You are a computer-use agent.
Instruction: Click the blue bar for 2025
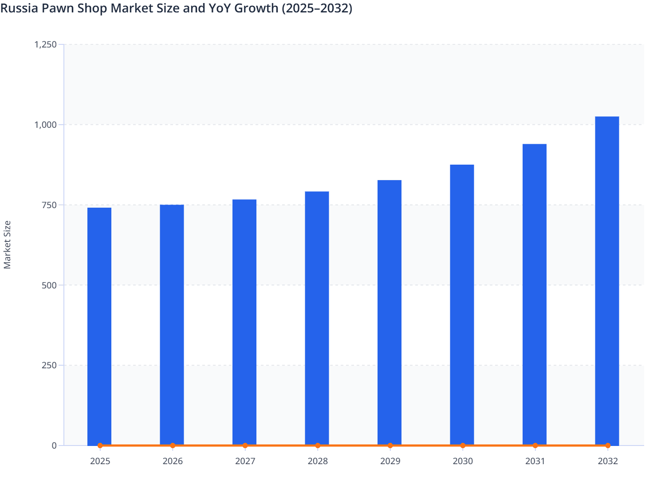tap(99, 326)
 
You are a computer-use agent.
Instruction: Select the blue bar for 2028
tap(317, 318)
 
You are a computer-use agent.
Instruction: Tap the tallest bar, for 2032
tap(607, 280)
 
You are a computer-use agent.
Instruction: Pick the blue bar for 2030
tap(462, 305)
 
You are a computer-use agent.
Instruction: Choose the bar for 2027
tap(244, 322)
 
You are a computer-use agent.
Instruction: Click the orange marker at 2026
tap(173, 446)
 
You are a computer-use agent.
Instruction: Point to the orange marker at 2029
tap(390, 446)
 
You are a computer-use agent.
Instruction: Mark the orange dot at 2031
tap(535, 446)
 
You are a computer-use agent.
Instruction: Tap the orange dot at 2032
tap(608, 446)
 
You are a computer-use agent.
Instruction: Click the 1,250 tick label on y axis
tap(45, 44)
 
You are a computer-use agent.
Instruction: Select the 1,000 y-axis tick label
tap(45, 125)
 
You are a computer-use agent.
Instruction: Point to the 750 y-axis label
tap(49, 205)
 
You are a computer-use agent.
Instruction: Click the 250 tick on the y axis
tap(49, 365)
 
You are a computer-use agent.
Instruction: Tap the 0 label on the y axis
tap(54, 446)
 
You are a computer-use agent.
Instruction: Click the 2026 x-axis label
tap(173, 461)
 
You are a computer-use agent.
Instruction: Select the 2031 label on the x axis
tap(535, 461)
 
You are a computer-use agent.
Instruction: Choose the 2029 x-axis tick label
tap(390, 461)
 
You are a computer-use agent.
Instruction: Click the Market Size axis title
tap(7, 245)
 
